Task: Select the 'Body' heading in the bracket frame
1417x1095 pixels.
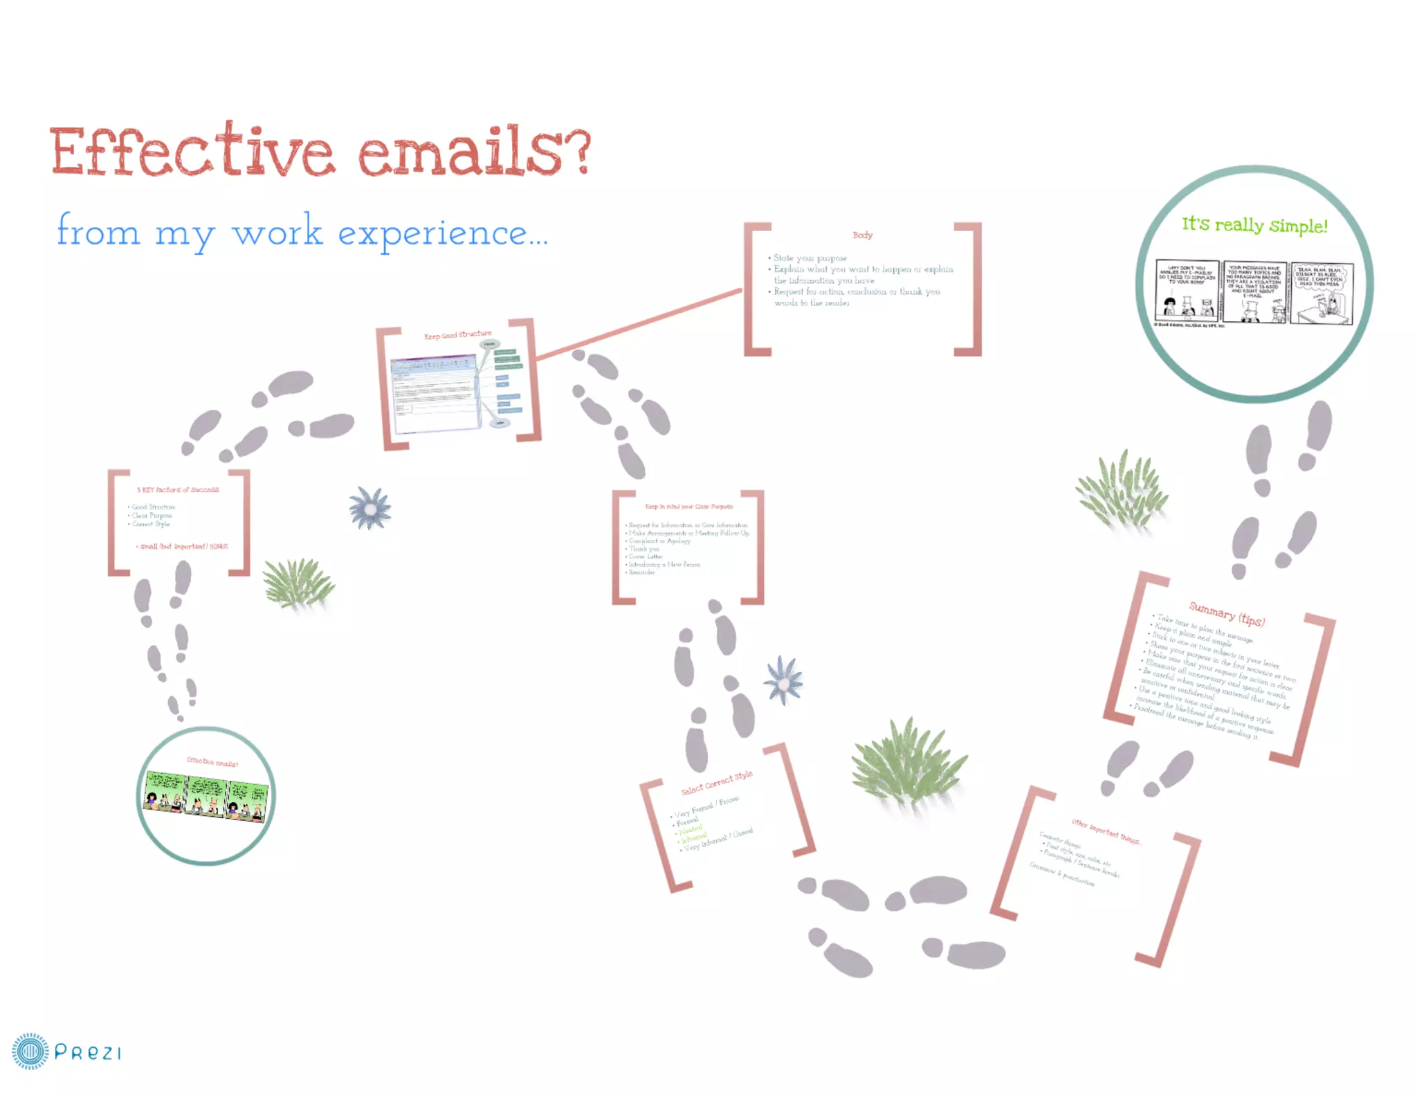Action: coord(862,235)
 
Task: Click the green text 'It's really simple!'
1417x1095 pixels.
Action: coord(1254,225)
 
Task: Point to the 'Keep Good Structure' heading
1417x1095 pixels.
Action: coord(457,335)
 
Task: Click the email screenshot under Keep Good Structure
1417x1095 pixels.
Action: coord(435,392)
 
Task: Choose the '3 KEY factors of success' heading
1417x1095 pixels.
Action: coord(178,490)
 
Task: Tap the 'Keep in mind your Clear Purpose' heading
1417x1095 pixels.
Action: coord(688,507)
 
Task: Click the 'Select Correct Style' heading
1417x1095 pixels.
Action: coord(716,783)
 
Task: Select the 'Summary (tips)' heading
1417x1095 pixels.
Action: coord(1226,614)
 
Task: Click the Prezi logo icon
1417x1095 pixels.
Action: coord(30,1051)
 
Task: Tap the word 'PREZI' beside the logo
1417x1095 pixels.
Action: coord(88,1053)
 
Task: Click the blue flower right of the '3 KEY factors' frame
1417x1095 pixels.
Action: coord(370,509)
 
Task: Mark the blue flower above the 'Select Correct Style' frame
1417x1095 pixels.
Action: coord(783,680)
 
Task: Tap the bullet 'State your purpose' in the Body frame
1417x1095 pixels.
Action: coord(810,258)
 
